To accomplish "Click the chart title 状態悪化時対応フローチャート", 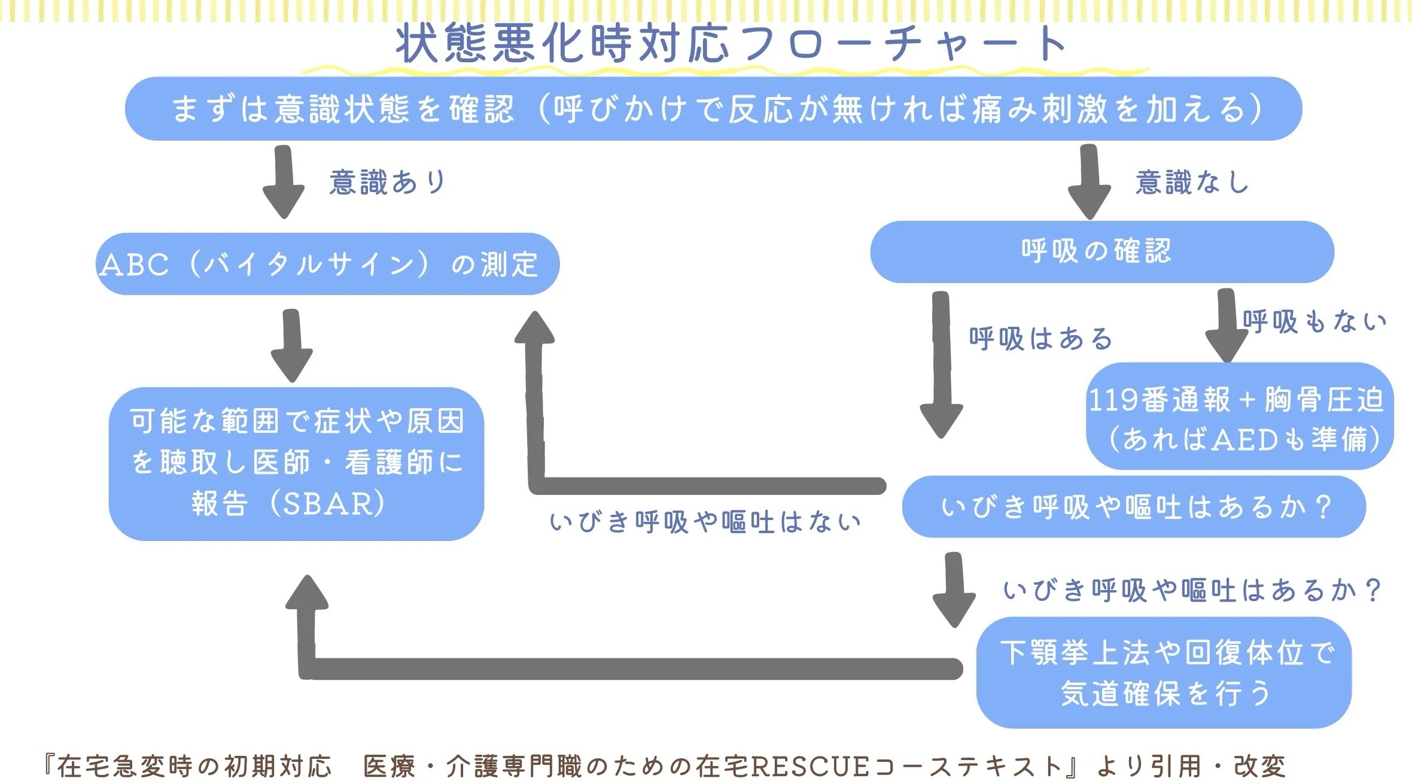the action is click(x=731, y=44).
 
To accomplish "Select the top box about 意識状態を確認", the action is click(x=713, y=109).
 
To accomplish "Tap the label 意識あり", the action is click(x=387, y=182).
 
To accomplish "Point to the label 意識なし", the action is click(x=1192, y=182).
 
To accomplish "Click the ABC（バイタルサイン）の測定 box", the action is click(x=328, y=264).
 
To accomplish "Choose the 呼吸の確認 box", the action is click(x=1102, y=252).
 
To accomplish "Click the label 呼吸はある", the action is click(x=1040, y=339).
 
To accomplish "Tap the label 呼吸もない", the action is click(x=1314, y=322).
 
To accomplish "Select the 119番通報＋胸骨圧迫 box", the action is click(x=1240, y=416).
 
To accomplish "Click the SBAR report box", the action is click(x=296, y=464).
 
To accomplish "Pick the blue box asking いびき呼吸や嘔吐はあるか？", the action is click(x=1134, y=507).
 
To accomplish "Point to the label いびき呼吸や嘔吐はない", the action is click(x=705, y=522).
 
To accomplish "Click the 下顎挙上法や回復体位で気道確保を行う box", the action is click(x=1164, y=673).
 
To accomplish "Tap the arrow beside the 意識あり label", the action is click(x=284, y=182).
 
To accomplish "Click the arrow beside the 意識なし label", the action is click(x=1090, y=182).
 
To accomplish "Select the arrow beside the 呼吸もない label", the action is click(x=1227, y=326).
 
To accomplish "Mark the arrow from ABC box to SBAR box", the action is click(x=291, y=345).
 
